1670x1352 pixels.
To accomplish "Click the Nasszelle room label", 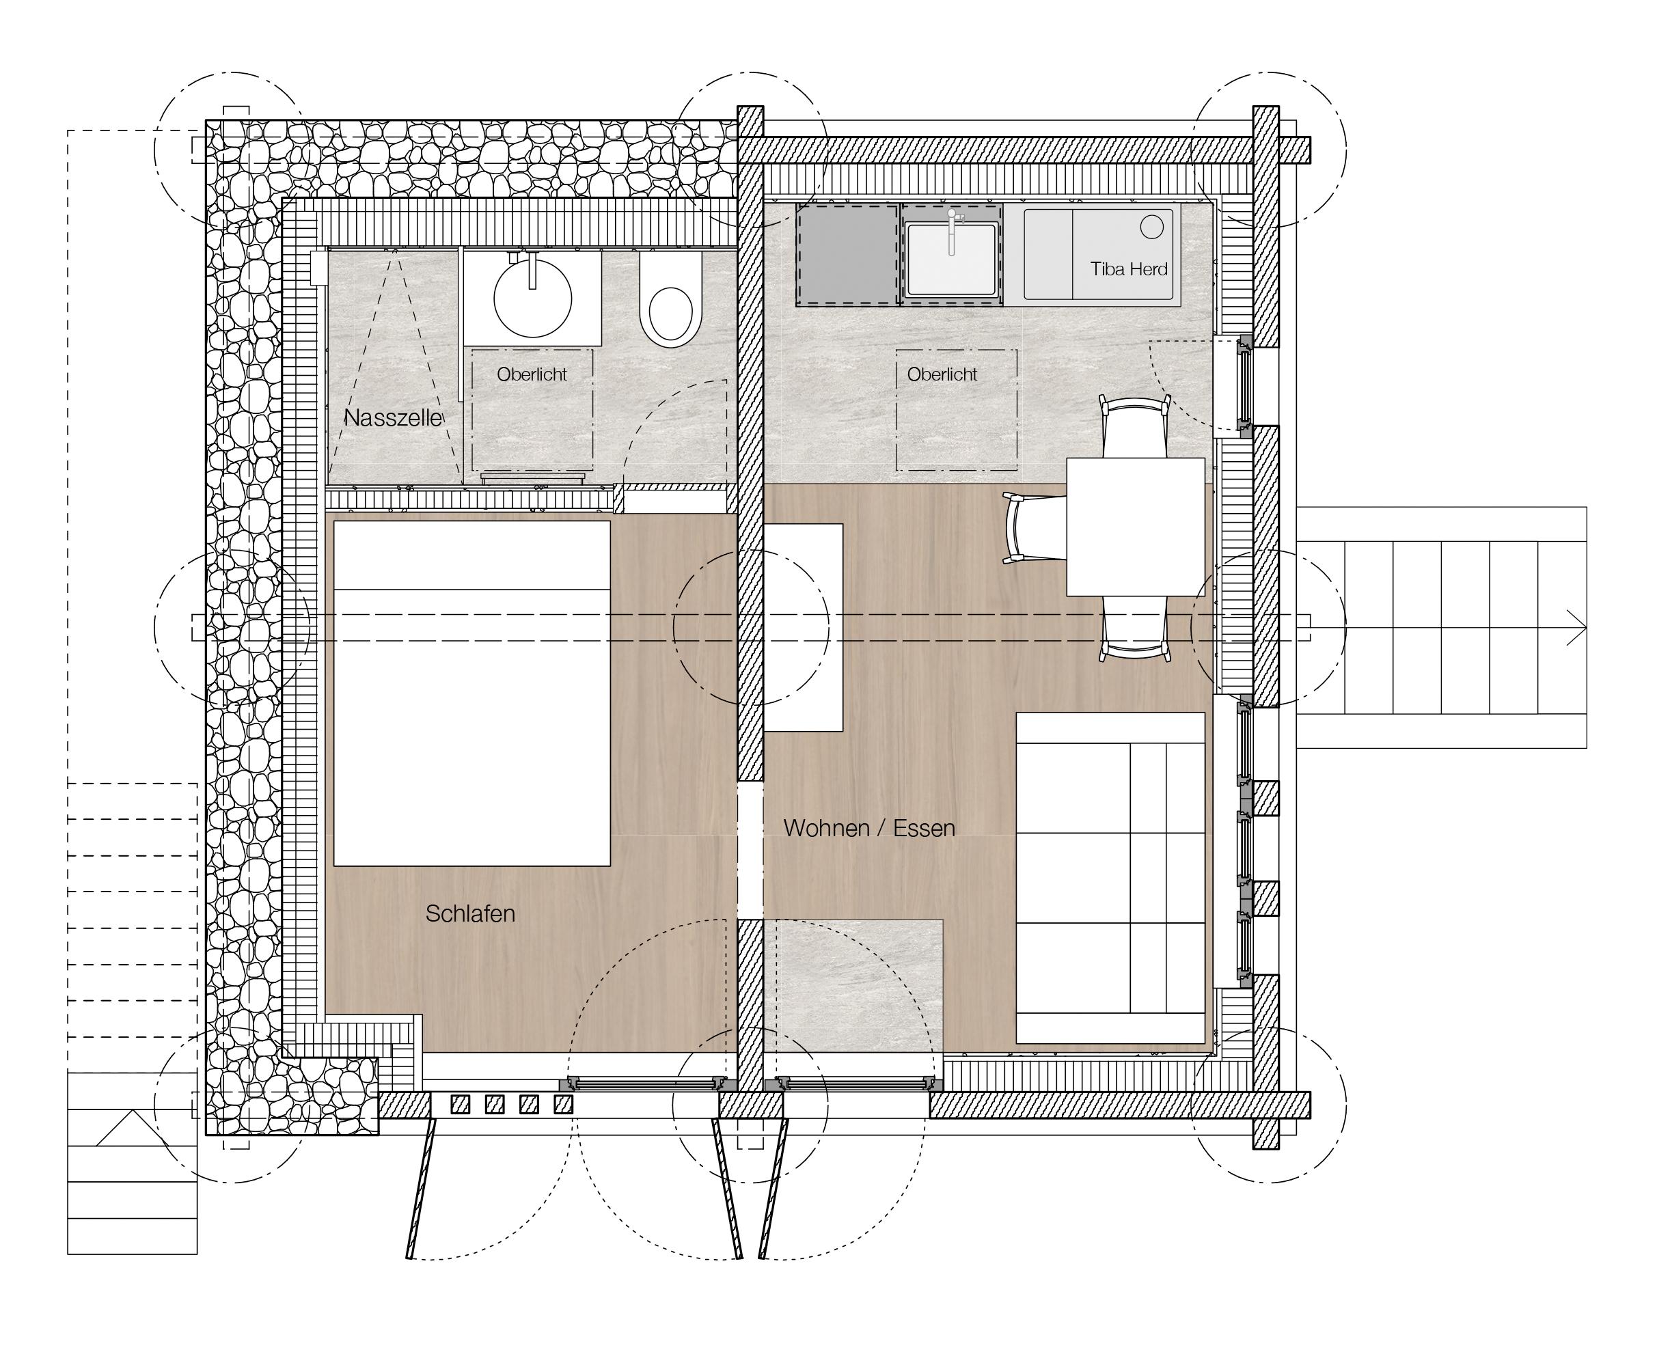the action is click(394, 418).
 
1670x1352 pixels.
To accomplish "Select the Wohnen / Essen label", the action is click(869, 828).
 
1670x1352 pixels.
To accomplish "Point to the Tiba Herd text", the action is click(1129, 269).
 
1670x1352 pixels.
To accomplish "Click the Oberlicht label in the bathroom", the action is click(532, 374).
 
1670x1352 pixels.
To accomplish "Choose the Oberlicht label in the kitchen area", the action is click(942, 374).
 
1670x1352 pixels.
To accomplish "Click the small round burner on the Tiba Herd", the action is click(1152, 227).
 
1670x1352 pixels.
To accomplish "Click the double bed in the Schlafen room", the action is click(472, 693).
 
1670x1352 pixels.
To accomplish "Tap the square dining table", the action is click(1136, 527).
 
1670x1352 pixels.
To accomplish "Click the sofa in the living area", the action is click(1111, 878).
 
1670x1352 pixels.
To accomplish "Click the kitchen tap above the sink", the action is click(952, 230).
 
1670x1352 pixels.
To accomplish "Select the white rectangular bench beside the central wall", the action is click(803, 628).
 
